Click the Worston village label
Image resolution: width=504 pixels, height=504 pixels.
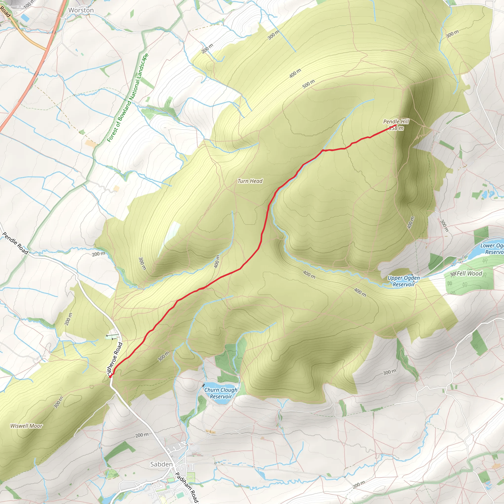tap(81, 10)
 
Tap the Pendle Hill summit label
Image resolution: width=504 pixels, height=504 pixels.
tap(396, 122)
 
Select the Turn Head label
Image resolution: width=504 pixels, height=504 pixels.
tap(250, 181)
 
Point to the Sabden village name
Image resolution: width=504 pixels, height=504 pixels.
tap(161, 464)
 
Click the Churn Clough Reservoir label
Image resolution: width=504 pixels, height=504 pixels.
tap(221, 393)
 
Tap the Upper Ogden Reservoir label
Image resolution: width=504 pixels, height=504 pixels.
tap(404, 281)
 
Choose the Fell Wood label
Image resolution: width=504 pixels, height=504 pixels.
tap(469, 273)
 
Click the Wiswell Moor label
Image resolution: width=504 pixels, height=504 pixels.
tap(26, 426)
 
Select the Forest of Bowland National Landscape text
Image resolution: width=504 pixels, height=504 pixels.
tap(128, 98)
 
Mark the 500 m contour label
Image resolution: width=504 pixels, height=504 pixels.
tap(309, 84)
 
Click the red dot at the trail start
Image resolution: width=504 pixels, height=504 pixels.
tap(110, 376)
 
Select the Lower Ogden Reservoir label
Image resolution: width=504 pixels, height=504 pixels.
tap(492, 249)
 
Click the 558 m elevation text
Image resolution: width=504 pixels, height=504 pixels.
tap(396, 128)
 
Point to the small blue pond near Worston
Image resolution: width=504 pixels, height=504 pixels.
tap(25, 18)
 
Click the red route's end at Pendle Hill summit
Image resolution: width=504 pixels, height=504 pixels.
tap(396, 126)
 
